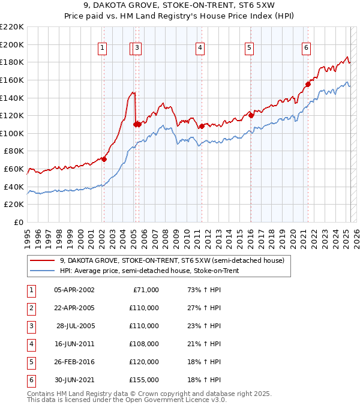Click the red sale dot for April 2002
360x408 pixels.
[104, 159]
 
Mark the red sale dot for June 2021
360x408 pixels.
[308, 85]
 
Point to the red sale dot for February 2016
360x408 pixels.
[251, 116]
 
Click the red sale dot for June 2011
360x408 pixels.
[202, 126]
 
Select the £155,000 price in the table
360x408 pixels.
[144, 380]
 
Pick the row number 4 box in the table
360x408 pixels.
[31, 344]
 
